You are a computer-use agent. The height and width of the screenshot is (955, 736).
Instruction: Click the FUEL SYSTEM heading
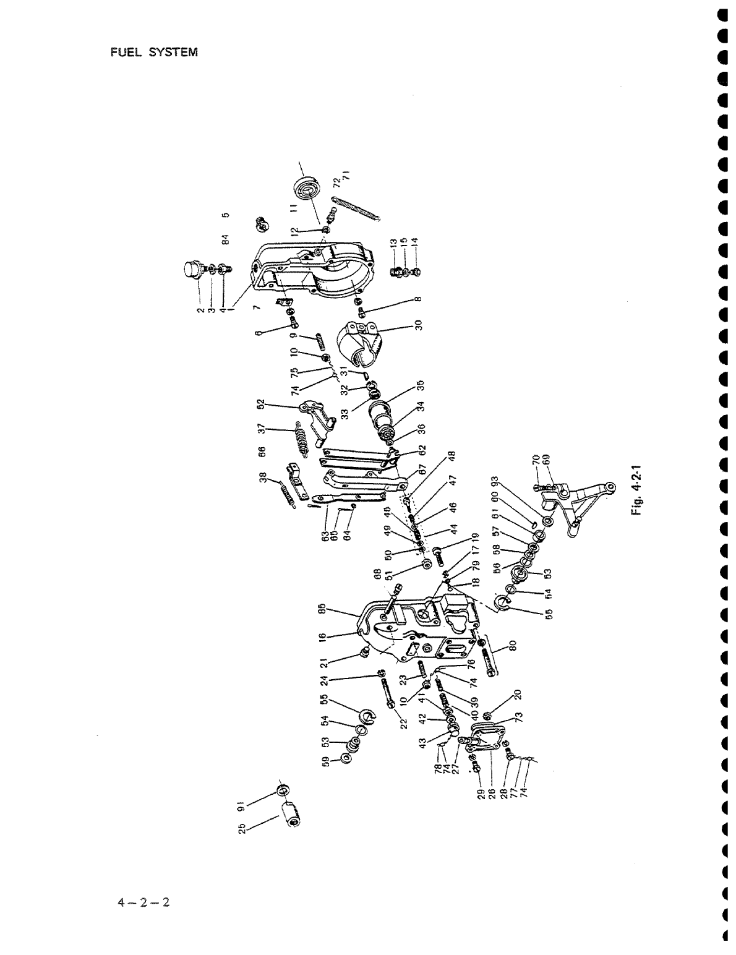[154, 53]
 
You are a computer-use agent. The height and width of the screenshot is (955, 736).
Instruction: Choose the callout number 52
[261, 405]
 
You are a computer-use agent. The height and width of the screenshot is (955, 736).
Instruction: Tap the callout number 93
[495, 480]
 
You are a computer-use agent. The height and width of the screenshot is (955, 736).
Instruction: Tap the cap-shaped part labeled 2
[190, 272]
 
